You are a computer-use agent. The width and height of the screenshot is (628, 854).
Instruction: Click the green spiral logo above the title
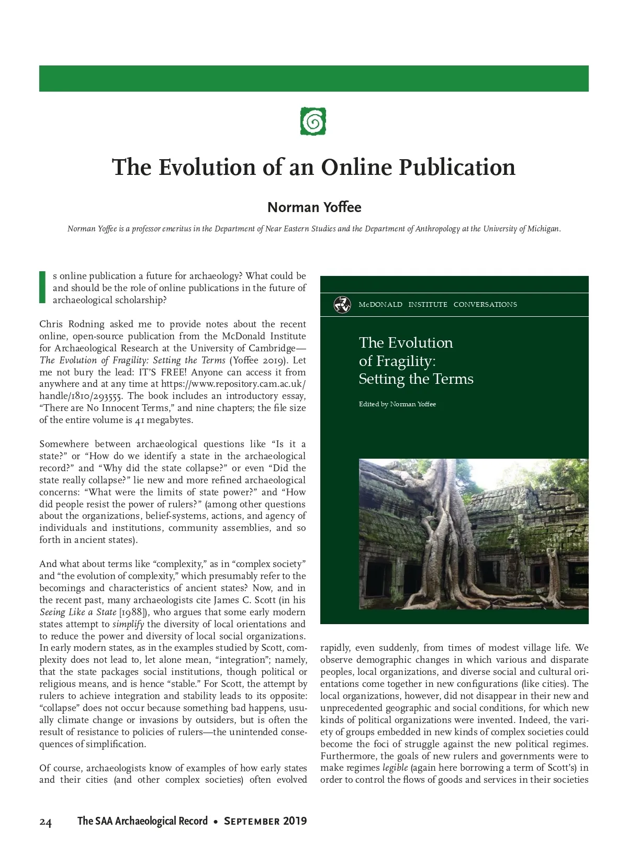click(313, 121)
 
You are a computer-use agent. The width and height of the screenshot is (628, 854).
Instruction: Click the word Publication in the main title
click(457, 168)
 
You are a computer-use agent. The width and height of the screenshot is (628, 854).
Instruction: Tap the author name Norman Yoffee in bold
click(314, 207)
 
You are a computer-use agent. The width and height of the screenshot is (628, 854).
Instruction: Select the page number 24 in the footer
click(46, 823)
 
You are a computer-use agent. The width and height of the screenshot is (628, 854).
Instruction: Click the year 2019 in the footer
click(295, 821)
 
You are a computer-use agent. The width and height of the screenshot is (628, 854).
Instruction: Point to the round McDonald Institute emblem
click(342, 304)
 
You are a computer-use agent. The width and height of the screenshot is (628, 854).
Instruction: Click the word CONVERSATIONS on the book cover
click(485, 305)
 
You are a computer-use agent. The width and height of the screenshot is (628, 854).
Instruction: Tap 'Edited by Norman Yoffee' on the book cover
click(397, 404)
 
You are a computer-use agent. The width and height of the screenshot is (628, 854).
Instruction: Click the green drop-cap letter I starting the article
click(42, 287)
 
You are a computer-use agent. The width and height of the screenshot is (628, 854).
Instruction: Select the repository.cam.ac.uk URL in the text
click(233, 384)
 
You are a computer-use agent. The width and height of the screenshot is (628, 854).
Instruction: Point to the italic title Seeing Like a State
click(77, 612)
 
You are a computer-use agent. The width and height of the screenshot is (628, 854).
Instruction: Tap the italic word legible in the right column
click(395, 768)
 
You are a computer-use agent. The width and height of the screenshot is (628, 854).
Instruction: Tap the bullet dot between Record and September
click(216, 822)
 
